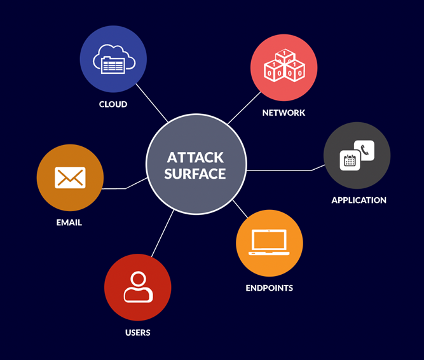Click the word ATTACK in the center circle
tap(195, 157)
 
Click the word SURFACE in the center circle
tap(195, 173)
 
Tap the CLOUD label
tap(113, 104)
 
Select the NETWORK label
tap(284, 113)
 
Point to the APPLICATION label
tap(359, 200)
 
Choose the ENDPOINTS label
tap(270, 287)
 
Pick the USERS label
tap(138, 332)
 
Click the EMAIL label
tap(69, 223)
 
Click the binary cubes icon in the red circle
tap(284, 67)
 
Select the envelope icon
tap(70, 177)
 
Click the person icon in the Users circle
tap(138, 287)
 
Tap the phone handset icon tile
tap(364, 150)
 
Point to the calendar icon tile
tap(350, 160)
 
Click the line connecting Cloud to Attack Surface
tap(153, 105)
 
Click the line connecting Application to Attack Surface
tap(280, 170)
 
